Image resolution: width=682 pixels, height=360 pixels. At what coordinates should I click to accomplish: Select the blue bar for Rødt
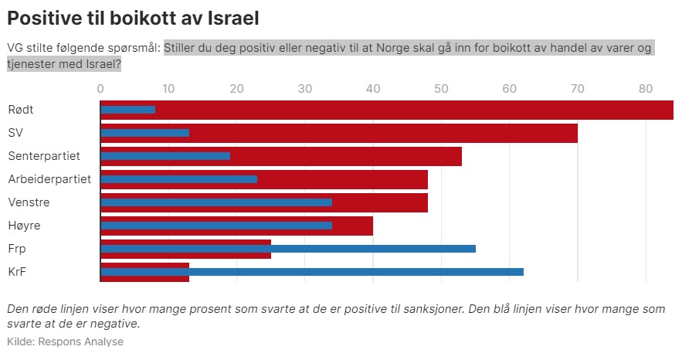coord(127,110)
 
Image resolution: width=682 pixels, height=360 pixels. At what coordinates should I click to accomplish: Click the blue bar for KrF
coord(312,272)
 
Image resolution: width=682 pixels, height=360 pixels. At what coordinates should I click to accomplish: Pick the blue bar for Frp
coord(287,249)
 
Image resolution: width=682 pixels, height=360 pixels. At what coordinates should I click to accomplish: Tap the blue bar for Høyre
coord(216,226)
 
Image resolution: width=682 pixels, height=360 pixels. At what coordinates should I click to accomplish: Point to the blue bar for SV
coord(144,133)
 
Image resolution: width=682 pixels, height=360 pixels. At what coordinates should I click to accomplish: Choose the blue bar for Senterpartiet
coord(165,156)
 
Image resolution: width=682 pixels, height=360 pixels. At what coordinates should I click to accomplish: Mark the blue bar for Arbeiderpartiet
coord(178,179)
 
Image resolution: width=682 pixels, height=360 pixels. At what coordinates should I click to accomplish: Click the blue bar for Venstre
coord(216,202)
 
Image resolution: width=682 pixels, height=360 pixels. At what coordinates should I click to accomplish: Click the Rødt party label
coord(21,110)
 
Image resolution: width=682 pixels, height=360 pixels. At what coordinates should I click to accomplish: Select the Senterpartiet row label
coord(44,156)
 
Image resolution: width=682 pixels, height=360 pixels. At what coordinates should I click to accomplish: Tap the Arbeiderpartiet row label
coord(49,179)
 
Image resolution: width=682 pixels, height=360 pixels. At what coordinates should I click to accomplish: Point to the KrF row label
coord(17,272)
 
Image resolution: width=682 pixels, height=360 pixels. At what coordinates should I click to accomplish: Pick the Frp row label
coord(16,249)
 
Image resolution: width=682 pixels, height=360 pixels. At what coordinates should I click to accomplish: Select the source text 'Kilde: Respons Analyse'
coord(65,341)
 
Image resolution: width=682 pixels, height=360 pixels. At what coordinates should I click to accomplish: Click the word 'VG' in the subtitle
coord(15,47)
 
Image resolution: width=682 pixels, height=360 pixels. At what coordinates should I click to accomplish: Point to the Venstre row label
coord(29,202)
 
